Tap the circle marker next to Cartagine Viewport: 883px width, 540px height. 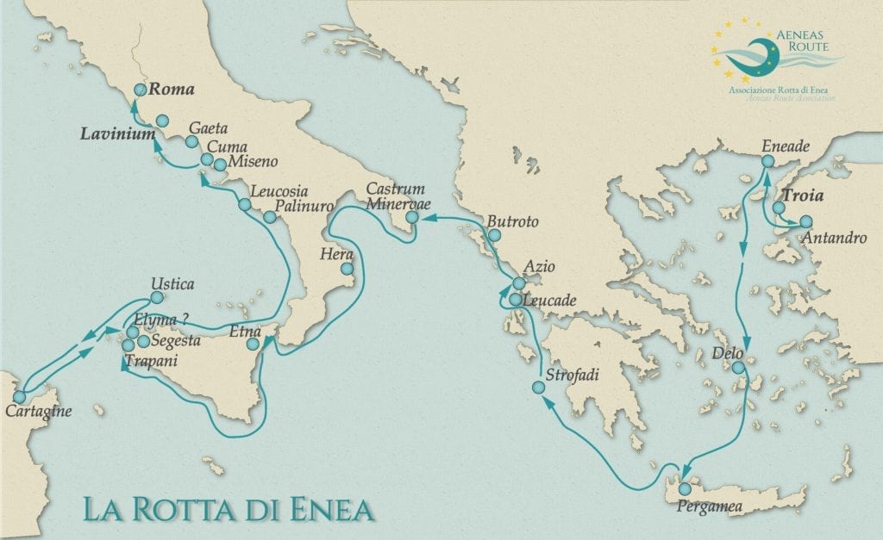(19, 396)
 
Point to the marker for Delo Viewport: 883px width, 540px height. (738, 368)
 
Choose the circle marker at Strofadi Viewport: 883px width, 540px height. (539, 388)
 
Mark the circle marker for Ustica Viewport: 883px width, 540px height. (157, 297)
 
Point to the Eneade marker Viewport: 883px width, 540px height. (767, 161)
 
